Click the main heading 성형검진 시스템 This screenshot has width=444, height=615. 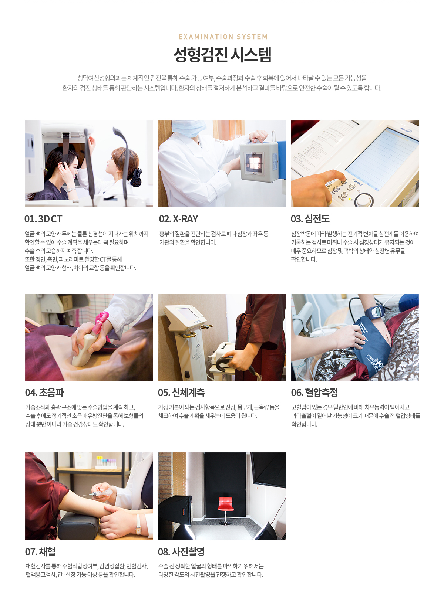click(222, 55)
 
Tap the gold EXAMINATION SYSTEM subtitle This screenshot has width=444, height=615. click(223, 37)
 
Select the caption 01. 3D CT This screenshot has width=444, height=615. click(43, 219)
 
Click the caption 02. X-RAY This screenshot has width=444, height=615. click(178, 219)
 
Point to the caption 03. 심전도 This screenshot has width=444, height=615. click(310, 219)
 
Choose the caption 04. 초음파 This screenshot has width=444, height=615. click(44, 393)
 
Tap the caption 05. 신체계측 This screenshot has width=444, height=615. click(181, 393)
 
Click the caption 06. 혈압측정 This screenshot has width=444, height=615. click(314, 393)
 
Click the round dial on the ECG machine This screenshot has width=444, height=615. click(364, 200)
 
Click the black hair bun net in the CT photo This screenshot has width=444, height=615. click(136, 177)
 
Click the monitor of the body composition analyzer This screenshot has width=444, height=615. click(188, 314)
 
